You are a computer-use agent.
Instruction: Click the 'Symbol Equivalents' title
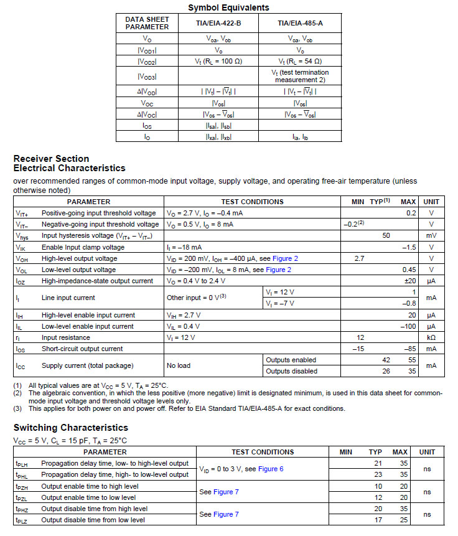tap(228, 7)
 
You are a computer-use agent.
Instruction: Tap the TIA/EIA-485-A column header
tap(300, 23)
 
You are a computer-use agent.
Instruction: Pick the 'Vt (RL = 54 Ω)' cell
tap(300, 61)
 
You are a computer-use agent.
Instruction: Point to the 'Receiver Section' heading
tap(51, 159)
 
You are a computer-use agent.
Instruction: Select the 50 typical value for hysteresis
tap(386, 236)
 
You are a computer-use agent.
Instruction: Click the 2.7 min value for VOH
tap(359, 258)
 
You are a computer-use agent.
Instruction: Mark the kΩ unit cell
tap(431, 337)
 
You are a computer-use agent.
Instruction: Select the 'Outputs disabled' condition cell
tap(291, 371)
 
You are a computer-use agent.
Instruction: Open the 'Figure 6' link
tap(271, 469)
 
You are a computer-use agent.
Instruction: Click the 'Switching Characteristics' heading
tap(70, 428)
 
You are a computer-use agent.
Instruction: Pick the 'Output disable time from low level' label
tap(93, 520)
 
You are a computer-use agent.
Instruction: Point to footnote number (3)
tap(19, 409)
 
